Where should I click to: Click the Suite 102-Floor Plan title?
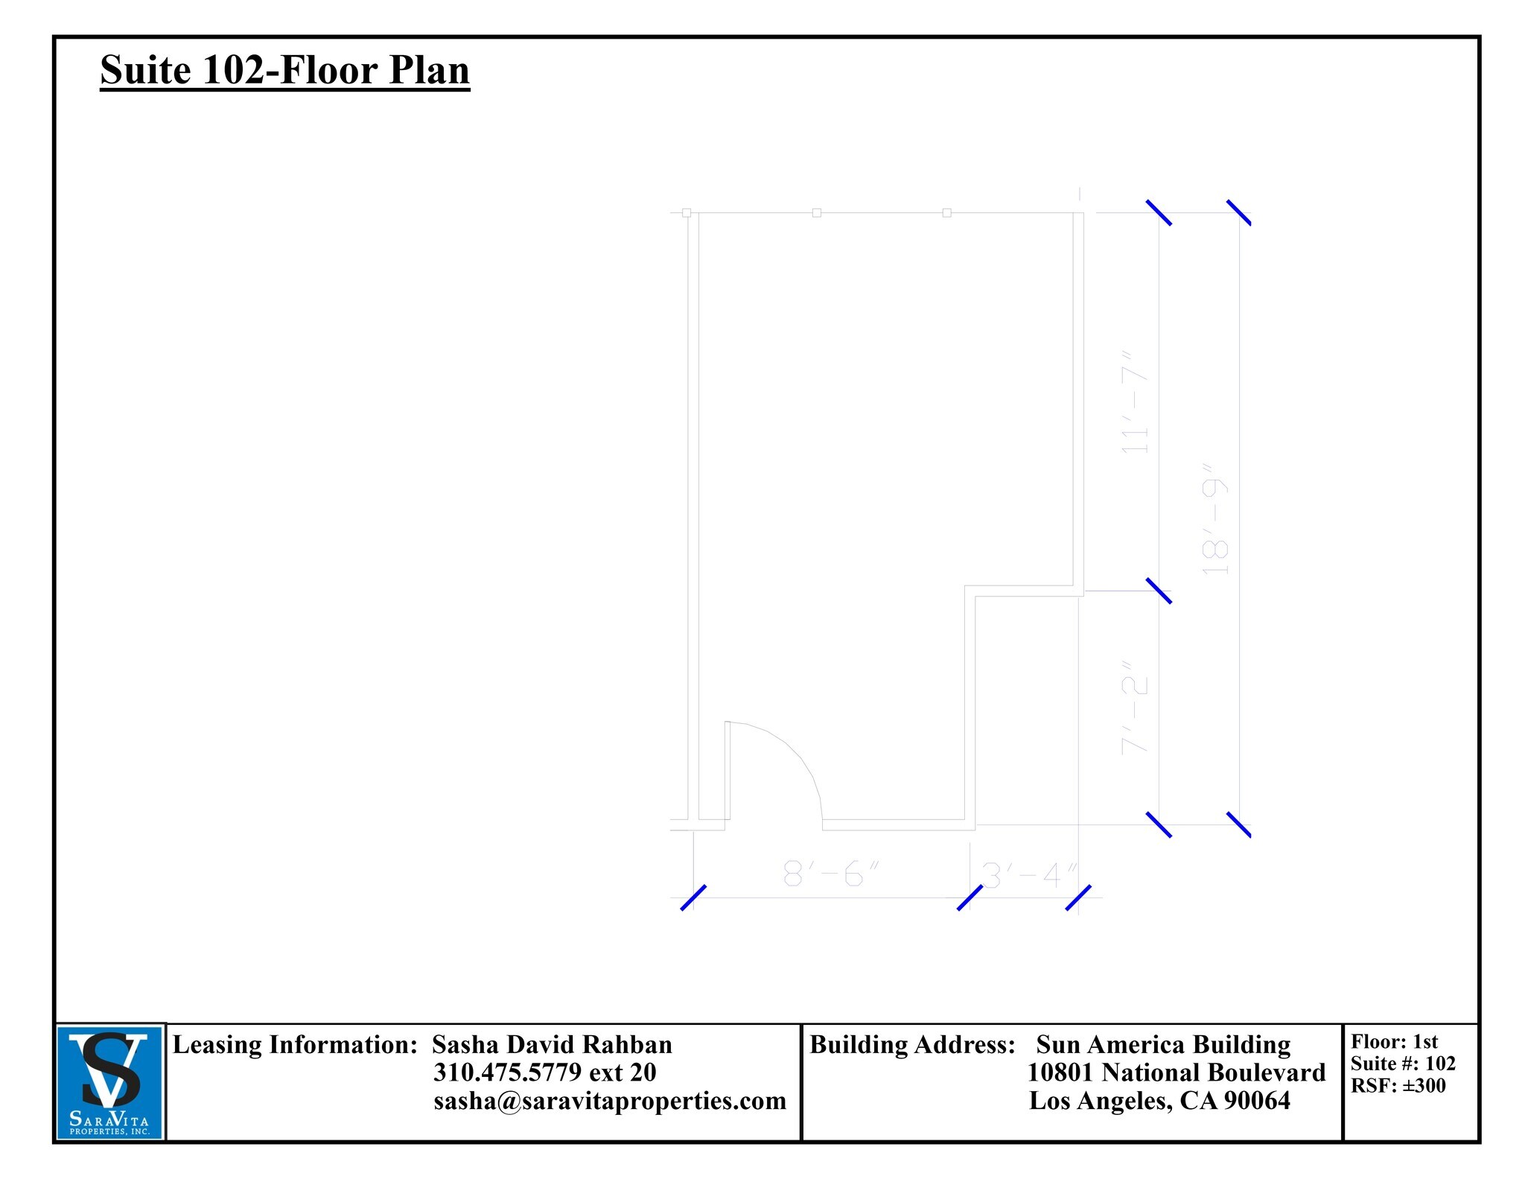(x=284, y=71)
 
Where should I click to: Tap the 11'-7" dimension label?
(x=1136, y=402)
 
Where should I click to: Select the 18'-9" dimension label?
(x=1215, y=520)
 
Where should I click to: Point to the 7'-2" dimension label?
(x=1136, y=708)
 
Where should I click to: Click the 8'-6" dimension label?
(x=831, y=874)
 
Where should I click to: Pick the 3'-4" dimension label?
(x=1030, y=876)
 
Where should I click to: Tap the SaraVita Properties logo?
(x=110, y=1082)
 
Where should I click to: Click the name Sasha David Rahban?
(x=552, y=1045)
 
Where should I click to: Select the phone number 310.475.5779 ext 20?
(x=544, y=1072)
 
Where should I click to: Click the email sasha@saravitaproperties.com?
(x=610, y=1101)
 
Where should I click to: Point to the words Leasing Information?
(x=295, y=1045)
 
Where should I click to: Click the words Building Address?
(x=912, y=1045)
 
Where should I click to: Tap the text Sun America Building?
(x=1163, y=1045)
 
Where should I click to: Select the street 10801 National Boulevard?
(x=1177, y=1072)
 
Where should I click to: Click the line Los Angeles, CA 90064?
(x=1159, y=1101)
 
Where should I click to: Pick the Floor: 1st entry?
(x=1394, y=1042)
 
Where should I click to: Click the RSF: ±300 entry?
(x=1398, y=1086)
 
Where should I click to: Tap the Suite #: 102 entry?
(x=1403, y=1064)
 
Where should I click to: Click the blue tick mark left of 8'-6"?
(x=693, y=897)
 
